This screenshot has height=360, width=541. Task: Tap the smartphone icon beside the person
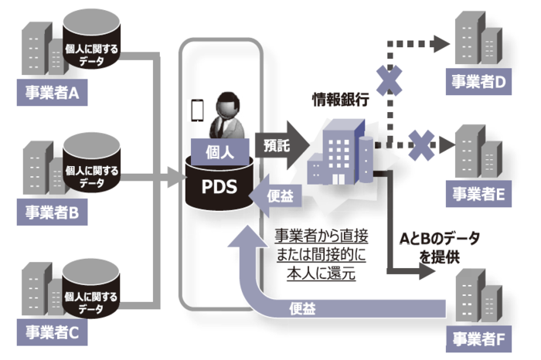click(x=198, y=110)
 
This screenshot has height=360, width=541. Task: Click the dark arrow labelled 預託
click(x=281, y=144)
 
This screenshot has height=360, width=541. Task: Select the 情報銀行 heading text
click(x=340, y=99)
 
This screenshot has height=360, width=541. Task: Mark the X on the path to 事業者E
click(x=420, y=142)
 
